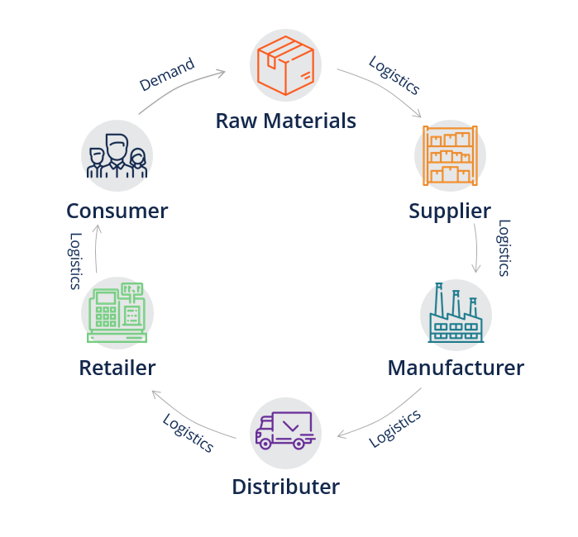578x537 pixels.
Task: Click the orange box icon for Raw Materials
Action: pos(285,65)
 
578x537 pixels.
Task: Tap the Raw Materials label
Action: pos(285,121)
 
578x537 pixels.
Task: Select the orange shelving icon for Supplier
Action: pos(449,155)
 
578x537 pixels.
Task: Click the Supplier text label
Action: pos(449,211)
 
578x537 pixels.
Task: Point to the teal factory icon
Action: pos(455,314)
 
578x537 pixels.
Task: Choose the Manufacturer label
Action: pos(455,368)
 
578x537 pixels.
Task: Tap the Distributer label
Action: pos(285,487)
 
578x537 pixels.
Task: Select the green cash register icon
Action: pos(117,313)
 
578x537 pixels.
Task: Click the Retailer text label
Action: pos(117,368)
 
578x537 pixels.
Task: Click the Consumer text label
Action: pos(117,211)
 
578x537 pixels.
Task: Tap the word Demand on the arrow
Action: pos(167,74)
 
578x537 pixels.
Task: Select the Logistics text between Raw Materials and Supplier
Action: pos(394,75)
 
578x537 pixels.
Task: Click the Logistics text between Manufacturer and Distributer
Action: pos(394,428)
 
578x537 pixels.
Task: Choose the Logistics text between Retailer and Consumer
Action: pos(75,260)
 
